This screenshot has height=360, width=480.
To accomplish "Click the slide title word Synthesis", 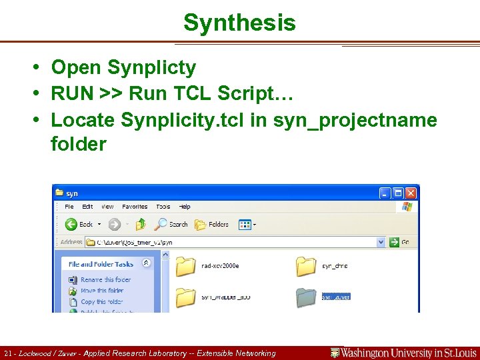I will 239,23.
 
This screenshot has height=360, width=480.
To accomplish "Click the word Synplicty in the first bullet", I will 151,67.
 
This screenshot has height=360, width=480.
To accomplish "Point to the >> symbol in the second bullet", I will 109,93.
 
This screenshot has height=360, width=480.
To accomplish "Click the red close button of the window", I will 411,193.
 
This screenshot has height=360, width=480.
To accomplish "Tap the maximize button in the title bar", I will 398,193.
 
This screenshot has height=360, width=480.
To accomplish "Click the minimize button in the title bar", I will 385,193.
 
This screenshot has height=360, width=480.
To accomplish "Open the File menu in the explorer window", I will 69,207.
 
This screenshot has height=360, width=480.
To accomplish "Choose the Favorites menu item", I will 135,207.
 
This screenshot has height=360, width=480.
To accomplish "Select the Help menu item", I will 185,207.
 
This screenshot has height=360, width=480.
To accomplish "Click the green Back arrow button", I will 71,224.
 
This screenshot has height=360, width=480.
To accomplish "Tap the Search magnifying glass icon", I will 161,224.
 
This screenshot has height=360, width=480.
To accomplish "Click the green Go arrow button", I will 395,242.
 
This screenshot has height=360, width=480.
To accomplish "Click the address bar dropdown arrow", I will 381,242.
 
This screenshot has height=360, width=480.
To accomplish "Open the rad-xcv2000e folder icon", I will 186,266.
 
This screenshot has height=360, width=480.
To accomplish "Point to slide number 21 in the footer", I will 8,353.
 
